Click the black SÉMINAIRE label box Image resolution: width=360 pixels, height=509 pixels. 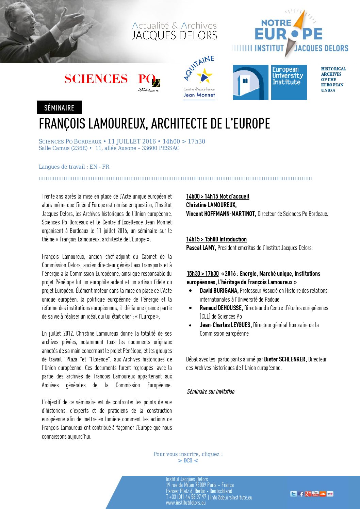(59, 107)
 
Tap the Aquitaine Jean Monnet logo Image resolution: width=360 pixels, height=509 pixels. (199, 78)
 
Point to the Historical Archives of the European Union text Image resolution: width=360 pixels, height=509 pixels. (333, 80)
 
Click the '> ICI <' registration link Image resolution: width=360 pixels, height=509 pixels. (188, 460)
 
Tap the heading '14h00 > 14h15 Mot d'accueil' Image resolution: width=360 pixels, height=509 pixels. (217, 197)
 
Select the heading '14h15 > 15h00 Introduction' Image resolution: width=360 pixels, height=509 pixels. (216, 239)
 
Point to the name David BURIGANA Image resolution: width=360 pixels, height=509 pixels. (219, 291)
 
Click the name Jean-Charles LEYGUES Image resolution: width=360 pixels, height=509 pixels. (226, 325)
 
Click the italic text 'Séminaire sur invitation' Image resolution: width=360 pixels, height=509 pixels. (211, 392)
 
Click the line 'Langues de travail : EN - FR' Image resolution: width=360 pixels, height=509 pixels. (74, 167)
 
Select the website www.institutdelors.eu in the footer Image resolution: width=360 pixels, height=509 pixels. (186, 503)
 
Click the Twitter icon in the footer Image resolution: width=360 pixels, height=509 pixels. (293, 494)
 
